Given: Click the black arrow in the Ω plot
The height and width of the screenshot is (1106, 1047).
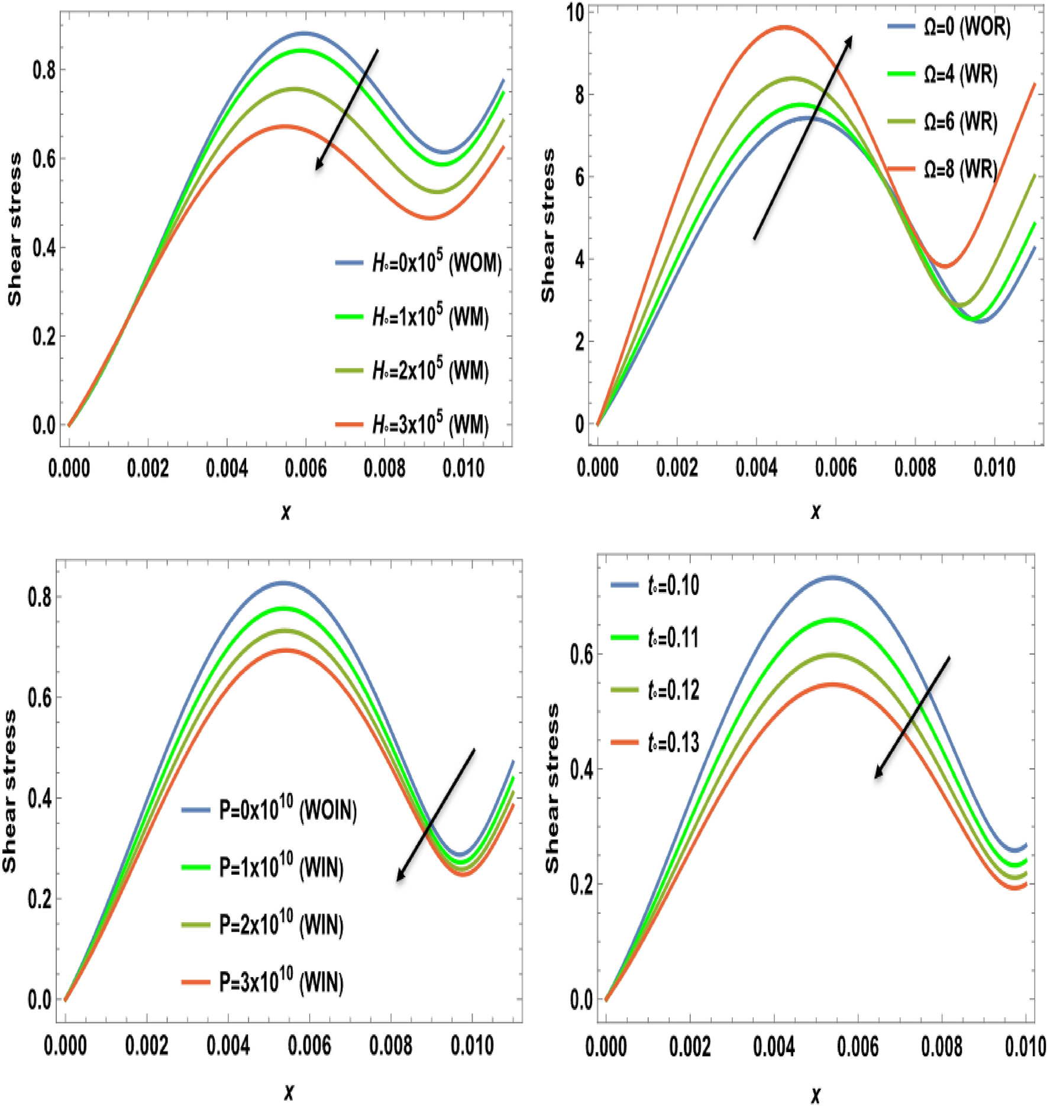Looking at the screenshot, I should tap(803, 137).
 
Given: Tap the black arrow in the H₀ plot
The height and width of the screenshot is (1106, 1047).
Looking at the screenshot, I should tap(347, 110).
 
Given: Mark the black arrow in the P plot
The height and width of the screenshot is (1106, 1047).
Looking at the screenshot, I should tap(435, 815).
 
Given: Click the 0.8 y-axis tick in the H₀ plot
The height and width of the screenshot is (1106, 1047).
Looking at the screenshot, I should tap(44, 70).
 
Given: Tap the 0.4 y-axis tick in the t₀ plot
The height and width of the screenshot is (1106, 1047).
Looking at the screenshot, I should tap(581, 770).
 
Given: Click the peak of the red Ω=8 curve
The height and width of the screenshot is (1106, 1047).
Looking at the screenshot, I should tap(784, 27).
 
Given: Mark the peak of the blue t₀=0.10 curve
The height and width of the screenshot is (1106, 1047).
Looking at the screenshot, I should tap(832, 577).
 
